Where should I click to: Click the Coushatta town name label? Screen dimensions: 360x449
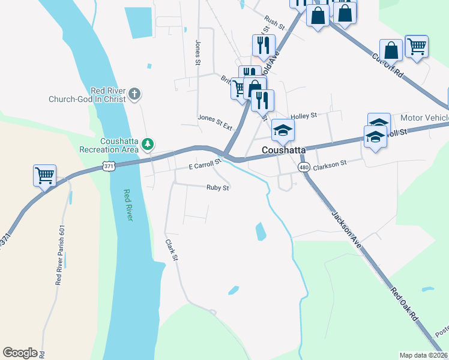coord(285,149)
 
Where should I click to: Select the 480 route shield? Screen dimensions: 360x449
coord(304,167)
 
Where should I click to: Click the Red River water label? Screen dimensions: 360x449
coord(127,205)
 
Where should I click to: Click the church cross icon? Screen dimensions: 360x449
coord(134,94)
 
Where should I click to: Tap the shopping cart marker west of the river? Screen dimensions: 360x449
coord(45,175)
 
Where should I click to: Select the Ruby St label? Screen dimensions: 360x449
coord(218,188)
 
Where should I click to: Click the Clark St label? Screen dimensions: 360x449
coord(172,250)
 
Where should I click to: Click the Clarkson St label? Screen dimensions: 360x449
coord(330,163)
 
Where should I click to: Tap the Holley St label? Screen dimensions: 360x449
coord(303,115)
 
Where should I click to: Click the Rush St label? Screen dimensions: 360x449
coord(274,23)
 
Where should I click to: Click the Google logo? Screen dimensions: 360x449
coord(20,353)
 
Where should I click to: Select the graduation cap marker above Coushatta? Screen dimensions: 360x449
coord(283,129)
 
